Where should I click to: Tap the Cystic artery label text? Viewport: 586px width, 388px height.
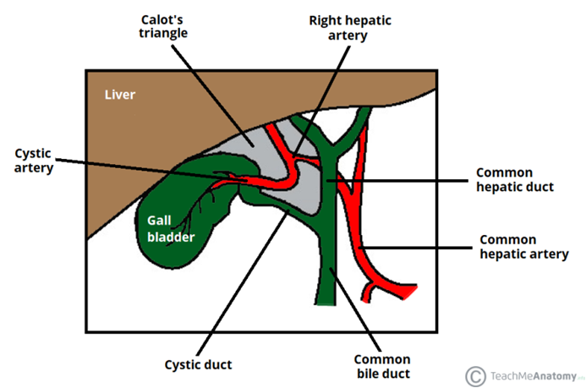click(x=34, y=160)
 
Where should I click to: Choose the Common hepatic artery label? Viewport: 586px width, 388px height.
click(x=524, y=246)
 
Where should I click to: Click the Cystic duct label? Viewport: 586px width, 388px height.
click(x=198, y=364)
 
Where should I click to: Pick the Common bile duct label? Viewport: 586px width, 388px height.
click(x=383, y=366)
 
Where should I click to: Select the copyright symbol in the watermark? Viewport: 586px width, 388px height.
click(x=477, y=375)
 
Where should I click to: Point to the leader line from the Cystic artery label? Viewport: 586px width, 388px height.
click(x=144, y=167)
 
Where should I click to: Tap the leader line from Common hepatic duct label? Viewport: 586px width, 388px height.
click(x=406, y=179)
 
